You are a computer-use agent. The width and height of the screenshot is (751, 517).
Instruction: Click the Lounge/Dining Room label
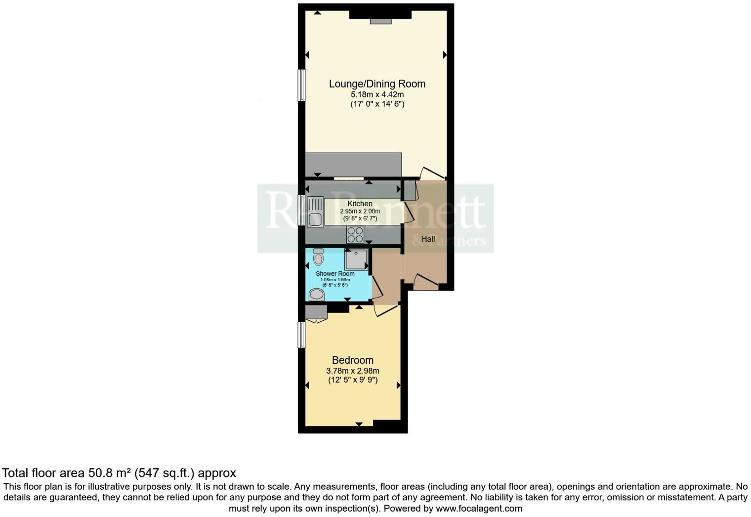point(377,84)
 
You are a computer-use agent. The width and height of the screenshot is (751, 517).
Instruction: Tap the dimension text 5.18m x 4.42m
point(377,94)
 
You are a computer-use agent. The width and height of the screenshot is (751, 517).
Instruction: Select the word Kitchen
point(360,204)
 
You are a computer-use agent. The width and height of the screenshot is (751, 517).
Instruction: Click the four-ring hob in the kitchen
point(355,234)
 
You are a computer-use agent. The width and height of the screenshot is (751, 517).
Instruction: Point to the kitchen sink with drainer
point(315,212)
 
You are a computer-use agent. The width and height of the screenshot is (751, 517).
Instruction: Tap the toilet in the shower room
point(318,257)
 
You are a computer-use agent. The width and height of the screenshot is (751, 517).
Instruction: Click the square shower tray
point(356,259)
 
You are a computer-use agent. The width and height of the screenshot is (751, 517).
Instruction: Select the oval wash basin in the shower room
point(316,295)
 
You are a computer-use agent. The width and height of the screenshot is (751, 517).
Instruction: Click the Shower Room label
point(335,274)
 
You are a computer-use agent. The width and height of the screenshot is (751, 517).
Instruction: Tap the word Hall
point(428,239)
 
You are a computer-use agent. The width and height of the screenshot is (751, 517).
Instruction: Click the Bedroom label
point(352,360)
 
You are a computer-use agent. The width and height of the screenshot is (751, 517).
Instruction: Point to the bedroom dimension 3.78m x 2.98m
point(352,371)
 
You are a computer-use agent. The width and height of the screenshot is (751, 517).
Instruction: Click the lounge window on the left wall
point(301,85)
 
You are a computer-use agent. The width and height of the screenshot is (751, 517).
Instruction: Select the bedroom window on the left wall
point(301,335)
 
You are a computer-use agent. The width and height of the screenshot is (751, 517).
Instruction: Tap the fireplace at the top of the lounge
point(380,21)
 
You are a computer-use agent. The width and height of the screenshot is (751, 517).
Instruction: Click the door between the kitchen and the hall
point(409,212)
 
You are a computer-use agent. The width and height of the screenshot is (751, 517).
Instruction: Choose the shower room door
point(376,287)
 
